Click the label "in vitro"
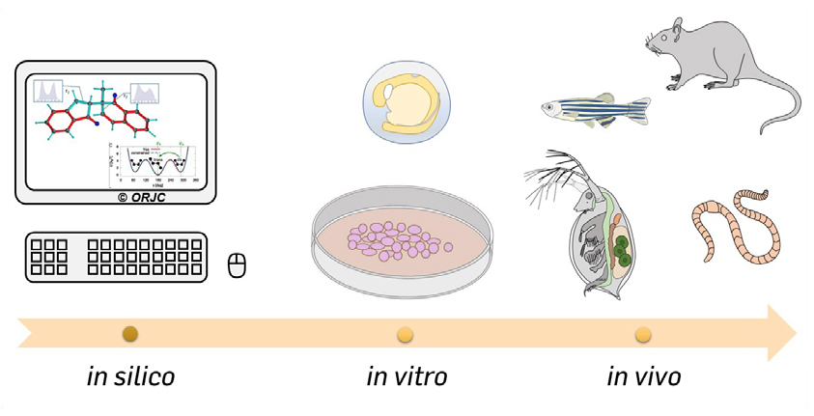[x=407, y=375]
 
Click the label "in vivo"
[x=644, y=375]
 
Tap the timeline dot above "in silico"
[x=131, y=335]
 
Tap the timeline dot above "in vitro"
[x=407, y=335]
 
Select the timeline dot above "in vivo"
[x=643, y=335]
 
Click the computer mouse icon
[x=237, y=263]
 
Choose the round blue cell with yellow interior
[x=407, y=104]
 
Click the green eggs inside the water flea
[x=620, y=249]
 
